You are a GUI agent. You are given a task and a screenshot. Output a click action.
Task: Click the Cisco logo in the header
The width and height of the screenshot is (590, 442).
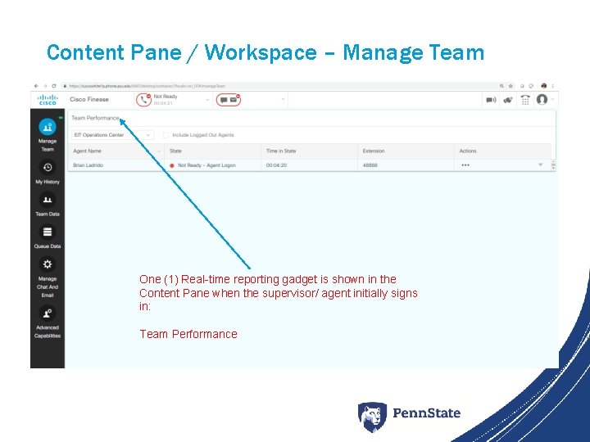pos(48,100)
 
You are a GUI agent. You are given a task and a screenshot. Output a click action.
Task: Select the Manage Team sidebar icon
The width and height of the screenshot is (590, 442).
pos(48,127)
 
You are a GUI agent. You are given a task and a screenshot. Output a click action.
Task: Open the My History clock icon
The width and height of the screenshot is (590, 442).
pos(48,167)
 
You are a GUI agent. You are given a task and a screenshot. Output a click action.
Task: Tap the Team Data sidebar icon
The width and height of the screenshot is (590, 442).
pos(48,199)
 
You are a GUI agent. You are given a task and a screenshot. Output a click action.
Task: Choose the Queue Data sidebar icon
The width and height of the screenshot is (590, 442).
pos(48,232)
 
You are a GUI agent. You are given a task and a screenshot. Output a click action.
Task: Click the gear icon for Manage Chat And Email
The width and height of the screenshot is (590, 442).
pos(48,264)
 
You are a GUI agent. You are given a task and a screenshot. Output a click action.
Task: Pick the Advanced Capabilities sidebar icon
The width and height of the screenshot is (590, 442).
pos(48,312)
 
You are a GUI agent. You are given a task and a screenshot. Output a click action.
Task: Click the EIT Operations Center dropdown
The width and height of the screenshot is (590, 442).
pos(111,135)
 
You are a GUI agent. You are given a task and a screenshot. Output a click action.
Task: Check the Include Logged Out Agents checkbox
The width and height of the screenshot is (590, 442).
pos(166,135)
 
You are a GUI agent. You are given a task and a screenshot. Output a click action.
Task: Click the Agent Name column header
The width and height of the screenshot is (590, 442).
pos(88,151)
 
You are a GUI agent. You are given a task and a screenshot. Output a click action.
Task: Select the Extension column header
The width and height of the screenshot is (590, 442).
pos(374,151)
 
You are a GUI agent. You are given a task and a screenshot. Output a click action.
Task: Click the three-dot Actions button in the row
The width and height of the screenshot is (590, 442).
pos(465,165)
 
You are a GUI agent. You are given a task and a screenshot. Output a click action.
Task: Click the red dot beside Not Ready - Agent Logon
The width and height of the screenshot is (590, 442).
pos(172,165)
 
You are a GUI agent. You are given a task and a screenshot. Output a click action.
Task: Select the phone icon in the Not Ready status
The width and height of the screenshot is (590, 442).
pos(144,100)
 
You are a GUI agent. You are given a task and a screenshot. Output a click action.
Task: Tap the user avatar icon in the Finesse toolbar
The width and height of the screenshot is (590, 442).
pos(542,100)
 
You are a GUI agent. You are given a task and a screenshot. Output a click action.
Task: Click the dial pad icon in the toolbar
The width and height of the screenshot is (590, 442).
pos(522,100)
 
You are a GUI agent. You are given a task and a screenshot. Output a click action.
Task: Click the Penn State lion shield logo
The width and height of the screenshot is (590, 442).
pos(372,416)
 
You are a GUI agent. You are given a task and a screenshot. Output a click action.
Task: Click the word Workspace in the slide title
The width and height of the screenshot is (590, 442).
pos(261,53)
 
